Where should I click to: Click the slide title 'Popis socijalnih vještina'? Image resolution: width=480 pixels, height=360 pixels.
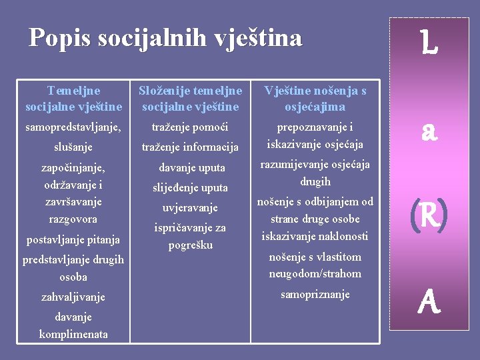pos(165,37)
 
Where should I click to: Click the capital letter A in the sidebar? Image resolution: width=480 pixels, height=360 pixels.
pos(430,303)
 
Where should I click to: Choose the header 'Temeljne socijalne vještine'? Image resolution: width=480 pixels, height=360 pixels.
pos(73,98)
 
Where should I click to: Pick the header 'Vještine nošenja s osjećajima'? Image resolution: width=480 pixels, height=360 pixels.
pos(315,98)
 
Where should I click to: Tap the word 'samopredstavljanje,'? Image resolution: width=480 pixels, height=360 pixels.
pos(73,127)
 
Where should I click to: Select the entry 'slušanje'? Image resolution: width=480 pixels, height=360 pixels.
pos(73,147)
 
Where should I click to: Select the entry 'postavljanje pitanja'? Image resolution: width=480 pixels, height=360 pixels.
pos(73,239)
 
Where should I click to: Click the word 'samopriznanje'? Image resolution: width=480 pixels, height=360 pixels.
pos(315,294)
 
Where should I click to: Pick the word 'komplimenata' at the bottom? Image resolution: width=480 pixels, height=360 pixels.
pos(73,334)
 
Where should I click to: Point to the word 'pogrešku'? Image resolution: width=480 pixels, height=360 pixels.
pos(191,245)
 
